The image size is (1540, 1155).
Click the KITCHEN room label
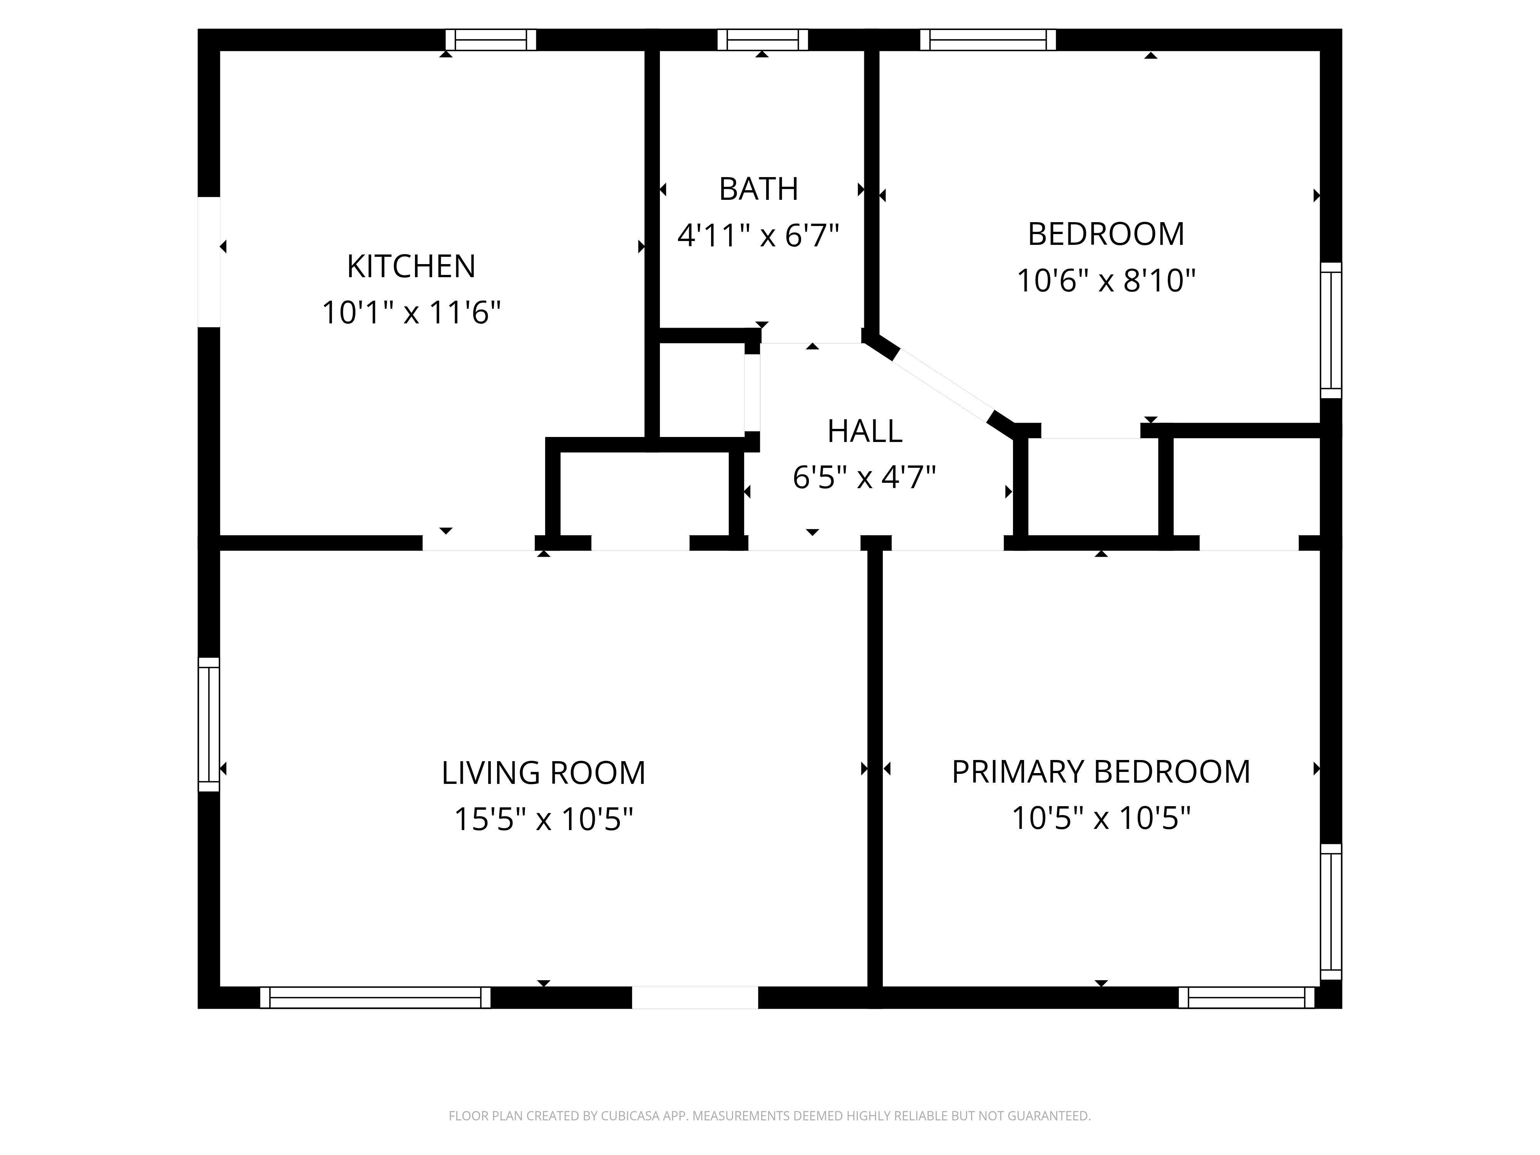411,267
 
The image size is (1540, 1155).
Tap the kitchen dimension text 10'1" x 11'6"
411,313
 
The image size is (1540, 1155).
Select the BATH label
758,189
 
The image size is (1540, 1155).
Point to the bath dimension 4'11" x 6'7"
758,235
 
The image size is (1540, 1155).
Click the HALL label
865,432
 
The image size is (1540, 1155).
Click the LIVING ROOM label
543,773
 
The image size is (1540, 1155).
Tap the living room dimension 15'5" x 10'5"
543,819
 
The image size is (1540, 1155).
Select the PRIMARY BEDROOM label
1101,772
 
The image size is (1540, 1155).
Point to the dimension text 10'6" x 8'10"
1106,281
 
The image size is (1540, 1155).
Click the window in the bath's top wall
762,40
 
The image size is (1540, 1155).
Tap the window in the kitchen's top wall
491,40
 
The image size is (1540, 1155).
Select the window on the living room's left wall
209,724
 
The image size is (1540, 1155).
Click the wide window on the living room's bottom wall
375,997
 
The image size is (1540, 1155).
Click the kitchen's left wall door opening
209,262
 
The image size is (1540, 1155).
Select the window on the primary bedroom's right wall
1331,911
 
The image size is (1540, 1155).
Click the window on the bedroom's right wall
1331,330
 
